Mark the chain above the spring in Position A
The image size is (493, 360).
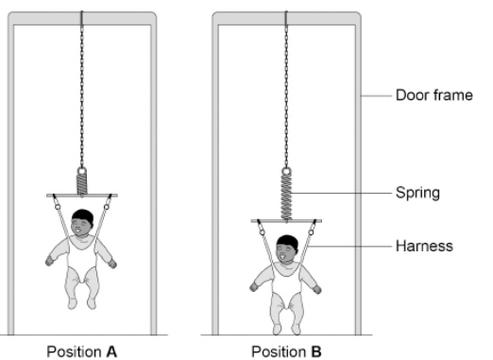pos(82,94)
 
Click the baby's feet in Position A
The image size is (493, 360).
pos(83,302)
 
